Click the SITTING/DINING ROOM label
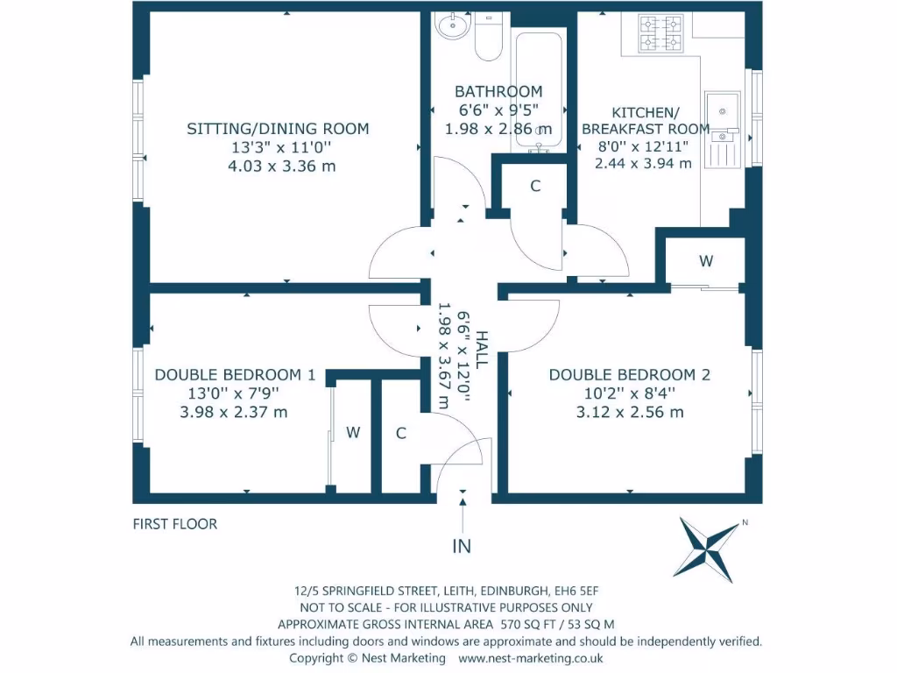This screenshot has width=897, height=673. (x=278, y=129)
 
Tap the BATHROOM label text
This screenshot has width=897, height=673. (x=498, y=91)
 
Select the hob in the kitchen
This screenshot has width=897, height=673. (x=660, y=34)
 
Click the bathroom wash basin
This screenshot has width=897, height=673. (x=453, y=25)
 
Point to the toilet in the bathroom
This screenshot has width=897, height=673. (x=488, y=37)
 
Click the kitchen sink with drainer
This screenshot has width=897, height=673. (x=723, y=130)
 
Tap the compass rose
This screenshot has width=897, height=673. (x=708, y=549)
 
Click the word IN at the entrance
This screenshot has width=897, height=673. (x=462, y=547)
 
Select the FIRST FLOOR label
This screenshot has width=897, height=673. (x=175, y=524)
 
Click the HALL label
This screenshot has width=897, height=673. (x=482, y=349)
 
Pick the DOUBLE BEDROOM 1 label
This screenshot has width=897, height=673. (x=235, y=375)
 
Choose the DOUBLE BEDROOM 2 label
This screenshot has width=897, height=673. (x=629, y=375)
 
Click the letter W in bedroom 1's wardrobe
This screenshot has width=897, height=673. (x=353, y=433)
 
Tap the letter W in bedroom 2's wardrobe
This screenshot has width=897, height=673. (x=706, y=261)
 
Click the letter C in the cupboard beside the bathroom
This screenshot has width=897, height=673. (x=535, y=186)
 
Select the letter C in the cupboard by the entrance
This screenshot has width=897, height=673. (x=401, y=433)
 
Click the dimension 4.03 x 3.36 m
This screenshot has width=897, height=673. (x=281, y=166)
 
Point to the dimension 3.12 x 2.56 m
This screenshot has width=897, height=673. (x=630, y=412)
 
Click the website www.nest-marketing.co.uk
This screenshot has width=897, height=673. (x=530, y=659)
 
